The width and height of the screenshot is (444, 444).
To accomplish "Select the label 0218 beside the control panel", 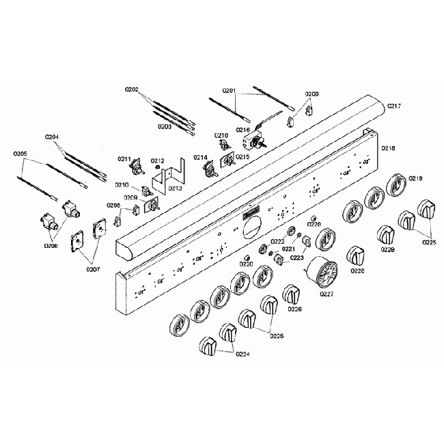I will coord(389,148).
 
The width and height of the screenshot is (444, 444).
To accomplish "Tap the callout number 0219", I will coord(416,179).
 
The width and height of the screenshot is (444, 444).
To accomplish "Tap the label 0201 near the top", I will coord(229,91).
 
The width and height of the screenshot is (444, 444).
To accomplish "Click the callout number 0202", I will coord(132,89).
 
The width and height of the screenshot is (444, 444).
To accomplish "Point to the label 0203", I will coord(165,128).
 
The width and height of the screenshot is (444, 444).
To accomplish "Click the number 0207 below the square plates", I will coord(93,269).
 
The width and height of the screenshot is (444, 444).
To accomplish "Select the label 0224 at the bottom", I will coord(242,355).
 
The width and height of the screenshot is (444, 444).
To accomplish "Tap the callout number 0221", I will coord(289,250).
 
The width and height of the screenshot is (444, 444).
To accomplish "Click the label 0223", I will coord(296,258).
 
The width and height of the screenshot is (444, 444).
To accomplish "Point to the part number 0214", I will coord(200,158).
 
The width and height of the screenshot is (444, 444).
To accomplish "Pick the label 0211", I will coord(124,159).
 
